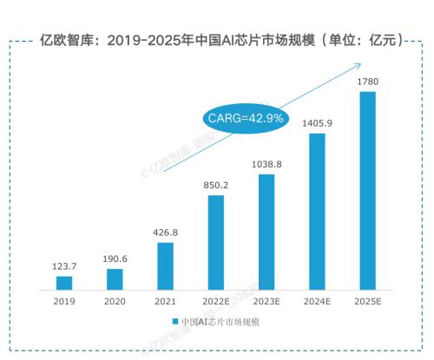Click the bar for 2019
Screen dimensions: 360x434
(64, 283)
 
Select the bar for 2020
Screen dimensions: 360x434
(115, 278)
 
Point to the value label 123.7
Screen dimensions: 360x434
(64, 266)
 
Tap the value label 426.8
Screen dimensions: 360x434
(165, 232)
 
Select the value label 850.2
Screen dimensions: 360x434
(215, 185)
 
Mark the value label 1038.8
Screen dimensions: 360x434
(266, 164)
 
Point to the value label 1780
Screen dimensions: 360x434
(367, 82)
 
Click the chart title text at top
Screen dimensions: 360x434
(221, 40)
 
